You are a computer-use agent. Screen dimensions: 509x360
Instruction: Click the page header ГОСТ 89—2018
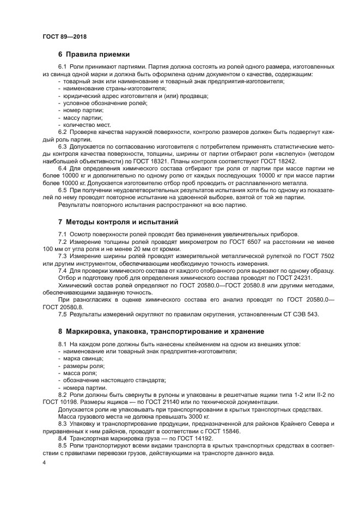pyautogui.click(x=64, y=36)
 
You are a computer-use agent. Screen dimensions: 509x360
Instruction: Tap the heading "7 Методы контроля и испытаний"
pyautogui.click(x=117, y=222)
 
